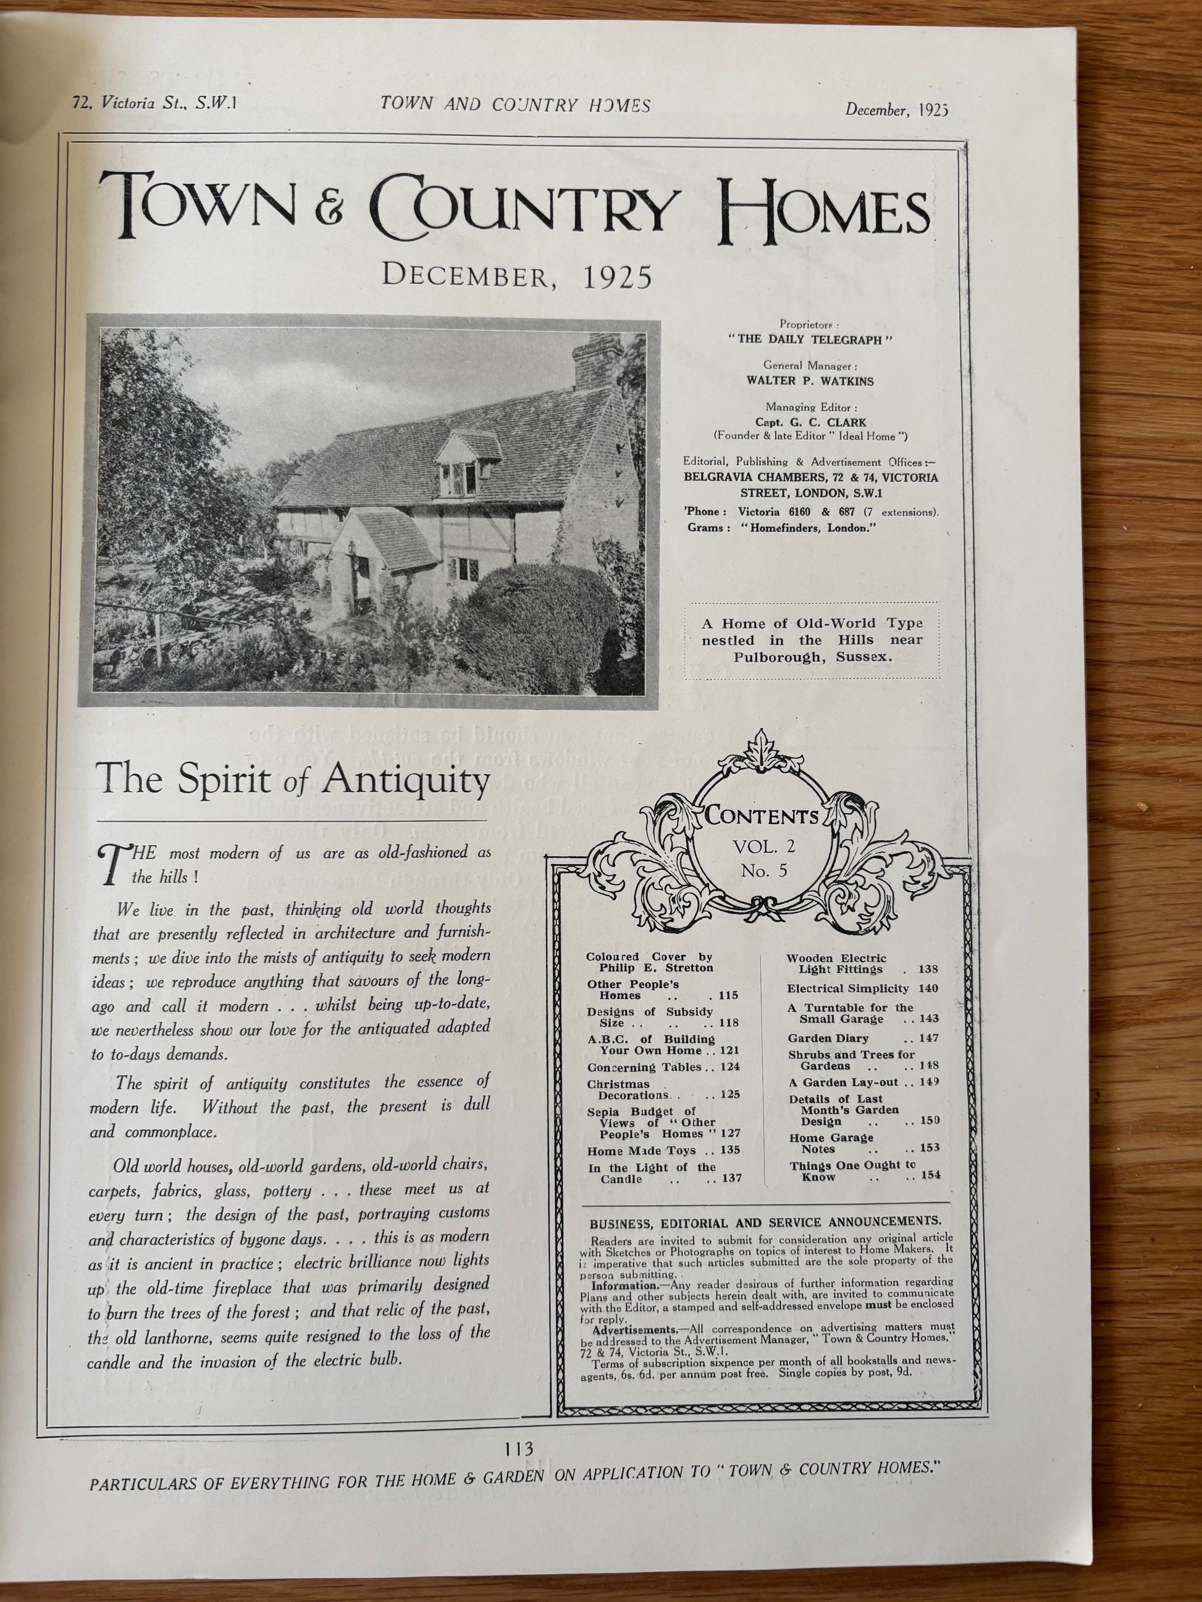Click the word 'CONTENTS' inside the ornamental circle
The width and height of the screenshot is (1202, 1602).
(x=762, y=817)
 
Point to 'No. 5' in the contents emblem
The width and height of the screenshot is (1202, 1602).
(x=763, y=870)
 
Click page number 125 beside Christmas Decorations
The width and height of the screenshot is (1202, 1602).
(x=729, y=1095)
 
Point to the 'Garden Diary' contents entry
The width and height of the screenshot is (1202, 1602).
(x=828, y=1038)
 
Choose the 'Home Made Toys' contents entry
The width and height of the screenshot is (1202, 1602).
(x=631, y=1150)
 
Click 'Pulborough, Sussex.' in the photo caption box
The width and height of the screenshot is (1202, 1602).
(x=812, y=657)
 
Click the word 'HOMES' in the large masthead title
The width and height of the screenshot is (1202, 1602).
(x=825, y=210)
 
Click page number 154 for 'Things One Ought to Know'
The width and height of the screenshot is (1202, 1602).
(x=930, y=1175)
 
